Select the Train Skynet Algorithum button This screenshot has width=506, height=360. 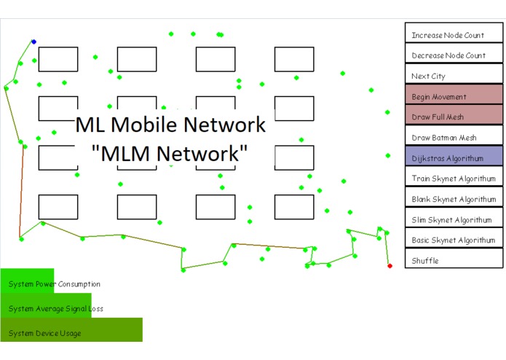tap(453, 178)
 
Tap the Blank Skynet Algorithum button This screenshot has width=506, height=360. tap(453, 199)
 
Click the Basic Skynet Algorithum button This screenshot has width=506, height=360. tap(453, 240)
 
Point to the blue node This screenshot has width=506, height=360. tap(33, 42)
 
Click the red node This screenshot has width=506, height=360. tap(390, 266)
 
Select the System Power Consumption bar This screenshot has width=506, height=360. tap(27, 283)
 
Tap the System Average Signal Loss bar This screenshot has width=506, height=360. tap(46, 308)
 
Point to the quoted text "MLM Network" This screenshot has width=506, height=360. tap(170, 154)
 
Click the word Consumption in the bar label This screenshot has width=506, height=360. tap(76, 284)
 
